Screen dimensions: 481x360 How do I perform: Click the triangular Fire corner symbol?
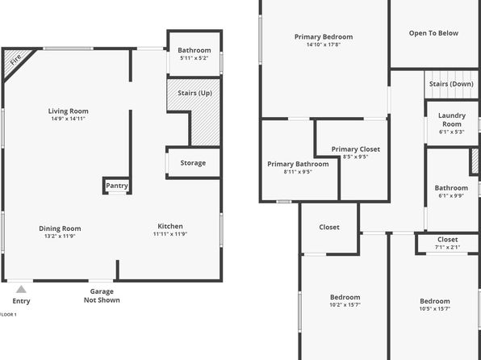[x=15, y=61]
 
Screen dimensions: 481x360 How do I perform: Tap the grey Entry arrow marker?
[x=21, y=289]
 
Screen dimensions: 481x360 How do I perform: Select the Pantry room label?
[x=117, y=186]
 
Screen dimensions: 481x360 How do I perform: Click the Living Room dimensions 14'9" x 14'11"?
[x=68, y=119]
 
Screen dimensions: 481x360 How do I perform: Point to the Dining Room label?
[x=60, y=228]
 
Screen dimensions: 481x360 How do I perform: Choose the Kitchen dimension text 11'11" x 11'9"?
[x=170, y=234]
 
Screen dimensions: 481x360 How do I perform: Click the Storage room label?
[x=193, y=163]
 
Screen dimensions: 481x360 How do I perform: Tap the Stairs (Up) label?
[x=195, y=93]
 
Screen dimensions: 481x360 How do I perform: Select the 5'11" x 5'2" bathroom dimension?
[x=194, y=58]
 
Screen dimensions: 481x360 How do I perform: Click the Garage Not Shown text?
[x=102, y=295]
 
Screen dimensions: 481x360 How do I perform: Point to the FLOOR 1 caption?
[x=8, y=315]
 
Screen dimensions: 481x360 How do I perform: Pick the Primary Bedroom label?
[x=324, y=37]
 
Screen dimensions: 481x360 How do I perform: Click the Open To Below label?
[x=433, y=33]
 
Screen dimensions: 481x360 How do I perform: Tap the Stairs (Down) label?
[x=451, y=84]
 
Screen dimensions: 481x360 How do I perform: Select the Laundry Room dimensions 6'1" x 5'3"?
[x=452, y=132]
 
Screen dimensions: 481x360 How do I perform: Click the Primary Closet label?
[x=356, y=149]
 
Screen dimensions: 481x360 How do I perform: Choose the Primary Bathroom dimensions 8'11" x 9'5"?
[x=298, y=172]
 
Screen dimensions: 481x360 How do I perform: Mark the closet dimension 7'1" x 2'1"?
[x=448, y=247]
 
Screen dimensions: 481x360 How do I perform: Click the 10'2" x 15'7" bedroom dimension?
[x=345, y=305]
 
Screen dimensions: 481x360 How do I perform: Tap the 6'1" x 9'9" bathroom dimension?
[x=451, y=196]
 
